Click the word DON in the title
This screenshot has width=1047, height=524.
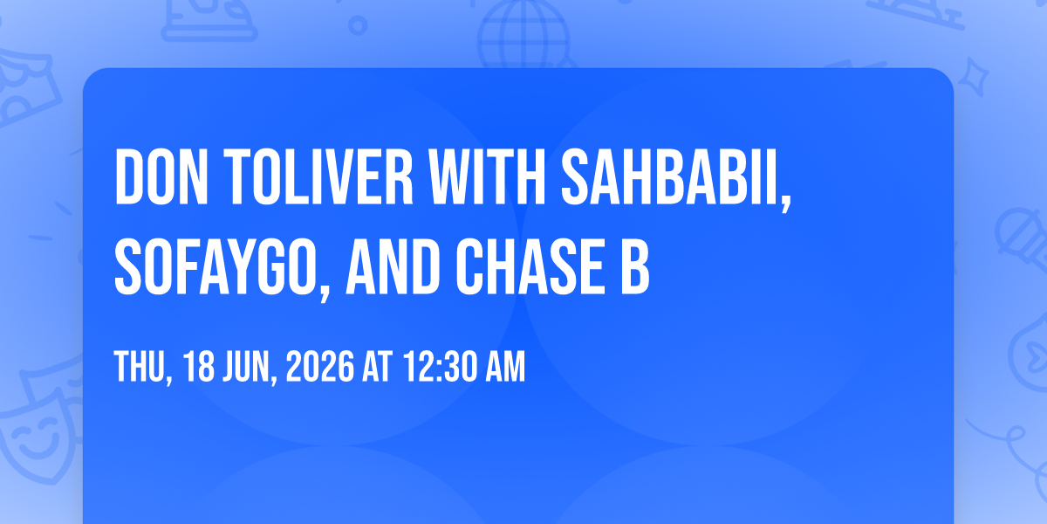(161, 176)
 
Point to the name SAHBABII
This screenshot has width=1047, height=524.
(676, 180)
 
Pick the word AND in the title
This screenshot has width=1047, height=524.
(393, 266)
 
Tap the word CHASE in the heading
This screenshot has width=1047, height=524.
(530, 266)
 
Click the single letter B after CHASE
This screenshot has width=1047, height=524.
(635, 266)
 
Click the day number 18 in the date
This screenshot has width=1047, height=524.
(199, 366)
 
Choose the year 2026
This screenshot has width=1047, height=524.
(320, 366)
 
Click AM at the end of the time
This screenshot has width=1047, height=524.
(506, 366)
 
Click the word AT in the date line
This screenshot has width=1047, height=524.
(378, 366)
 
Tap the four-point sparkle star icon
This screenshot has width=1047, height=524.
(974, 77)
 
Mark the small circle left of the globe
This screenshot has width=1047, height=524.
(358, 25)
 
